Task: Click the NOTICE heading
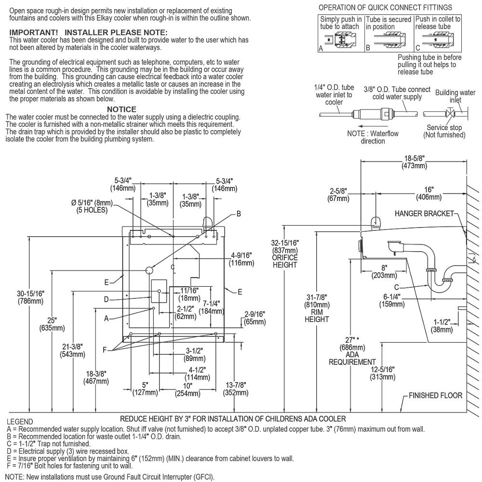[121, 109]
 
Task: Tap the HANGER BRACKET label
[424, 214]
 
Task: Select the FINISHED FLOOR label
[436, 395]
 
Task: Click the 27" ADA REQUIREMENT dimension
[352, 351]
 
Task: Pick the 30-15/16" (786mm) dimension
[30, 297]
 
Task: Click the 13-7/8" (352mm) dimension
[236, 389]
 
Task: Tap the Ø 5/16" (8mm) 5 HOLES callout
[92, 207]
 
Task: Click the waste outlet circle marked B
[149, 270]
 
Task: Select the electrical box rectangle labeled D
[159, 291]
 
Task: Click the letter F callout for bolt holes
[105, 350]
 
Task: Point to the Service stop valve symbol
[451, 113]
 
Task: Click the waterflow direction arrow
[369, 126]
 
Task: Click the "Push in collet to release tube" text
[438, 23]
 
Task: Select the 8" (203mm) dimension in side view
[384, 271]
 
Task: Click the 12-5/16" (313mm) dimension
[382, 373]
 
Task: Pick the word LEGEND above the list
[20, 422]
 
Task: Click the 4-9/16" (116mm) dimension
[241, 259]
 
